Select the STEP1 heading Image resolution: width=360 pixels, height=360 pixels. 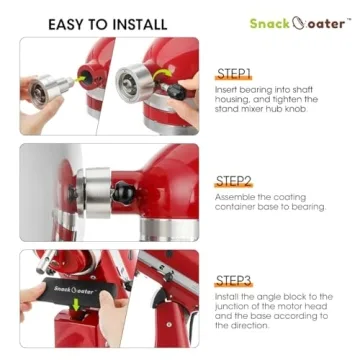(x=233, y=74)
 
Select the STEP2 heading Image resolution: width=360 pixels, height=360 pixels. (x=233, y=181)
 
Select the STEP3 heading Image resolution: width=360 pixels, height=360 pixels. (x=233, y=281)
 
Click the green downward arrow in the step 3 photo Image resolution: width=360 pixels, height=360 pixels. (x=77, y=304)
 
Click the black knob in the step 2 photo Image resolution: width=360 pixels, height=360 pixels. (x=124, y=192)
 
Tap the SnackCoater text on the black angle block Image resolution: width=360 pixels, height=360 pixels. (x=74, y=289)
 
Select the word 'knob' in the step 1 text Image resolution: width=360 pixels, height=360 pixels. (x=295, y=109)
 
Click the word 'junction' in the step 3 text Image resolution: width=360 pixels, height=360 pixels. (x=230, y=306)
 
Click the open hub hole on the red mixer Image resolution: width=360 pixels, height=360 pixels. (x=87, y=78)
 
